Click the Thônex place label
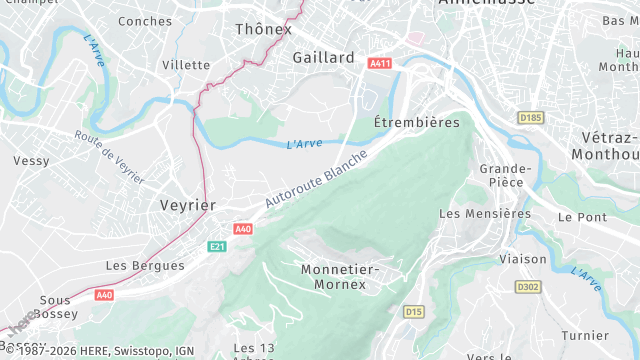[263, 29]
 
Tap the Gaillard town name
[323, 58]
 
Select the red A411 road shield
[379, 64]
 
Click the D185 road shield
[530, 118]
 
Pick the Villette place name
[186, 65]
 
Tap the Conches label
[145, 21]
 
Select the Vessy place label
[31, 161]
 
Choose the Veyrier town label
[188, 205]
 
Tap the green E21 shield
[217, 246]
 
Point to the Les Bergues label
[145, 266]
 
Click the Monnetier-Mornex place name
[339, 277]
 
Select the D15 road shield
[414, 312]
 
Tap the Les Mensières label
[485, 213]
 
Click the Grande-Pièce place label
[501, 176]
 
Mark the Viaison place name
[523, 259]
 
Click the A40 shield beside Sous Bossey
[105, 295]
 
